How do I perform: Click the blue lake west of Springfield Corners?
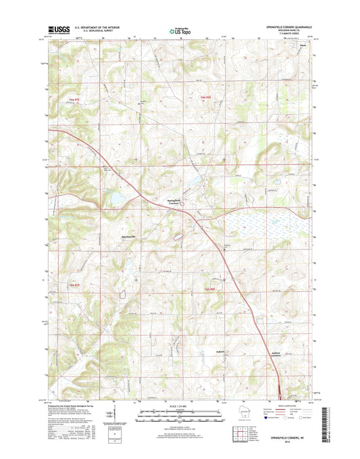click(116, 199)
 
